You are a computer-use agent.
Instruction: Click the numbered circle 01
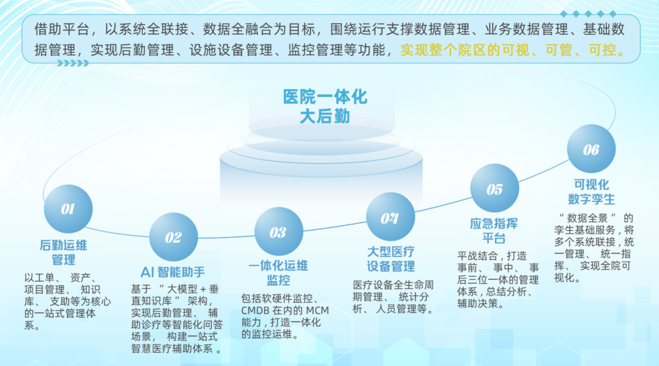pyautogui.click(x=68, y=209)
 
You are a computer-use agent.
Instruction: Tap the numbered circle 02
pyautogui.click(x=173, y=237)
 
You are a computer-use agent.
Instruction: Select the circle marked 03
pyautogui.click(x=279, y=232)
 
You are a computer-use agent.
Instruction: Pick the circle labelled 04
pyautogui.click(x=391, y=217)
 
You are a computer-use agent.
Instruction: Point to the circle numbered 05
pyautogui.click(x=495, y=188)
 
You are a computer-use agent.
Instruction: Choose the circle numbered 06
pyautogui.click(x=591, y=149)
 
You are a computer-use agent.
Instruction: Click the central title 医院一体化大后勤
pyautogui.click(x=325, y=107)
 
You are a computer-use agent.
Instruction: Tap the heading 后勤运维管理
pyautogui.click(x=63, y=252)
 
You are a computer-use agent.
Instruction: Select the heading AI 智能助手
pyautogui.click(x=173, y=272)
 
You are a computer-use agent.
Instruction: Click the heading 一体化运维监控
pyautogui.click(x=278, y=273)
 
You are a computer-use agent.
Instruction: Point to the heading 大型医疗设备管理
pyautogui.click(x=391, y=259)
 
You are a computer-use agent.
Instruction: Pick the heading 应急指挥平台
pyautogui.click(x=494, y=231)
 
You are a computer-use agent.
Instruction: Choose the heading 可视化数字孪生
pyautogui.click(x=591, y=192)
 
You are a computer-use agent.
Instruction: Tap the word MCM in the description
pyautogui.click(x=317, y=310)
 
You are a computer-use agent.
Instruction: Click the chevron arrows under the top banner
pyautogui.click(x=73, y=63)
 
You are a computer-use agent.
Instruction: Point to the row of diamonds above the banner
pyautogui.click(x=588, y=14)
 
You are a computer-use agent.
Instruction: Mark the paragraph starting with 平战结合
pyautogui.click(x=498, y=280)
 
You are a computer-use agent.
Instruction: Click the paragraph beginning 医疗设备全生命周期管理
pyautogui.click(x=394, y=297)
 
